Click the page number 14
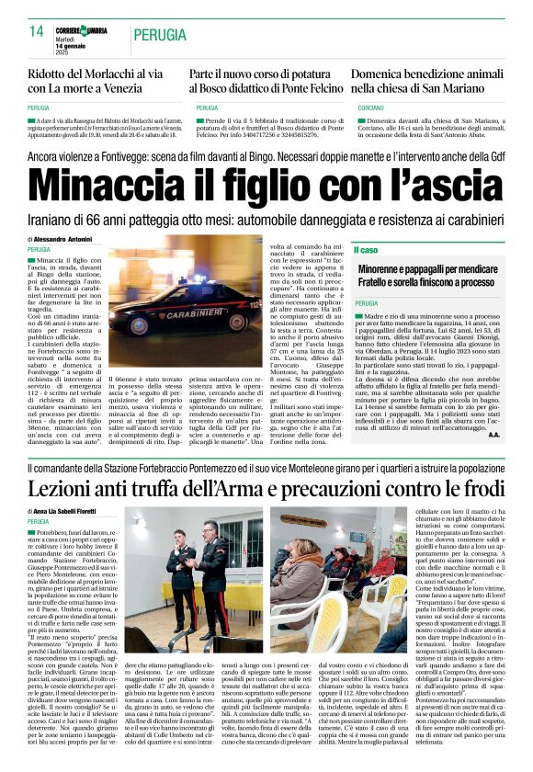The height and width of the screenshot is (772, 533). point(37,31)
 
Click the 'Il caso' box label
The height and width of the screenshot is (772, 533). point(367,250)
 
